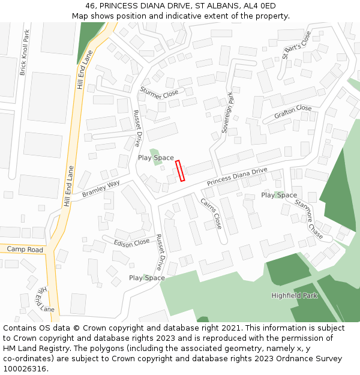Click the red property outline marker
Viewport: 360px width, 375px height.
[x=180, y=170]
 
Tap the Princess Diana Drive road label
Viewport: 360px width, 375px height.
[x=237, y=176]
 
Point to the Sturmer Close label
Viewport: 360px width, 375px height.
[x=159, y=92]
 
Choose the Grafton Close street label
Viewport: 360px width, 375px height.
[x=293, y=112]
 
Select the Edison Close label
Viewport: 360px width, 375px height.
[x=132, y=242]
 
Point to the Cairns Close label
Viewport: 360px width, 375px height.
[x=211, y=213]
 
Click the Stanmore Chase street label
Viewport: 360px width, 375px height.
[x=308, y=219]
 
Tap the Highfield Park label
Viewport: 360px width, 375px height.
[x=293, y=296]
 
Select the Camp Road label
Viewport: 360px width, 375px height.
[x=25, y=249]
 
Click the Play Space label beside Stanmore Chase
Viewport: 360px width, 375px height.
[x=278, y=195]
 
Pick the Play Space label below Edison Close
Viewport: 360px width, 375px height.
[x=146, y=278]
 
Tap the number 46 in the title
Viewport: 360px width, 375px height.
[x=91, y=5]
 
